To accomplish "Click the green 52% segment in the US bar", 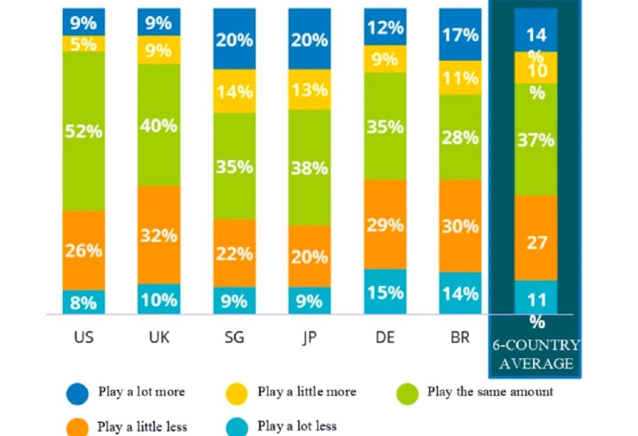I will (83, 131).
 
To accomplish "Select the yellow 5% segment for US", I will (83, 44).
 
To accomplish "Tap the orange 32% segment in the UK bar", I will (158, 234).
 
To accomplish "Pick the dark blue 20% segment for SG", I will (234, 39).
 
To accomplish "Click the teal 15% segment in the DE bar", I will (385, 292).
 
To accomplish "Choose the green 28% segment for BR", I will (460, 138).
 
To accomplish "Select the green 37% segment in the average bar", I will (536, 140).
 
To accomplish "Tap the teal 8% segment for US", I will (83, 302).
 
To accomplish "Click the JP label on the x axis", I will (309, 337).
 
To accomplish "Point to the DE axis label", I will (385, 337).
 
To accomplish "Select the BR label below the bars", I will (460, 337).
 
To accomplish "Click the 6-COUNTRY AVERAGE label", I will (536, 354).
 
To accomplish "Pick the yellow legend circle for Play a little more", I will (238, 394).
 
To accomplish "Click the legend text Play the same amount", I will (490, 392).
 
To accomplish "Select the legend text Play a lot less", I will (297, 426).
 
